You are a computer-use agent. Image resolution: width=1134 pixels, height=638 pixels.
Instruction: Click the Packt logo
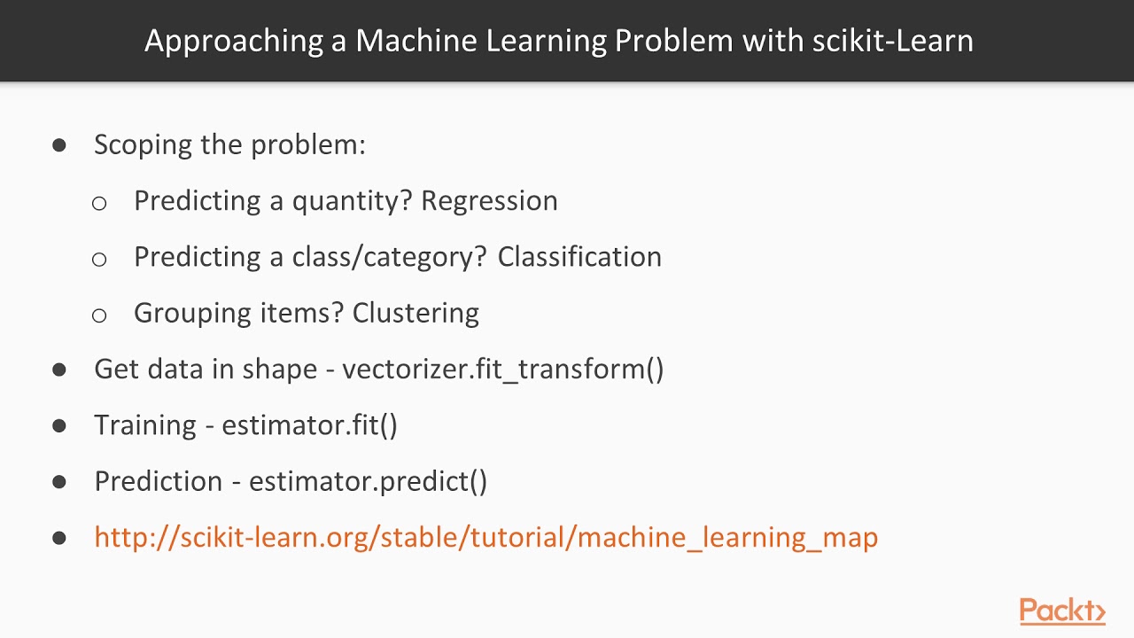(x=1061, y=611)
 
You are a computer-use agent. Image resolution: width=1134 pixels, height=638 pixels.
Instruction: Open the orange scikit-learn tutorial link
(x=485, y=537)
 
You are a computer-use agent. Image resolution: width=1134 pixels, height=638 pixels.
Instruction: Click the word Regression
(x=489, y=201)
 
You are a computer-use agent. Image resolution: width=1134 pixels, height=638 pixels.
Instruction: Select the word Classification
(x=579, y=257)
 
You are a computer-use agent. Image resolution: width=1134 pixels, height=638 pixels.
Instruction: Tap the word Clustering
(x=416, y=313)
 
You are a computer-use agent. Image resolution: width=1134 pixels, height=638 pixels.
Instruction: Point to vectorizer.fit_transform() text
(x=502, y=369)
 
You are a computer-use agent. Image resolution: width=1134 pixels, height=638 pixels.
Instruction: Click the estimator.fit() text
(x=309, y=425)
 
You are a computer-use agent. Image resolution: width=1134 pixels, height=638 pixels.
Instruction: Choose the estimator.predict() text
(x=368, y=481)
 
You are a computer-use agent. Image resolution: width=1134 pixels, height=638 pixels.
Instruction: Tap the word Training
(x=145, y=425)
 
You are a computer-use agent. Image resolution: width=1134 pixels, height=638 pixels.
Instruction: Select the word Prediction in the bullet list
(x=159, y=481)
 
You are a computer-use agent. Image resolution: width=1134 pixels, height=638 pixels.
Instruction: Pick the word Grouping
(x=192, y=314)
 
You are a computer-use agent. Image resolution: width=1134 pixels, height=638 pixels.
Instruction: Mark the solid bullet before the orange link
(x=59, y=538)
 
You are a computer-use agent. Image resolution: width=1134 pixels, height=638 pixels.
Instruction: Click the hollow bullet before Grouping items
(x=99, y=315)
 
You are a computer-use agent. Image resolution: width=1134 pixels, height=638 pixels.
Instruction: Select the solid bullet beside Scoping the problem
(x=59, y=145)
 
